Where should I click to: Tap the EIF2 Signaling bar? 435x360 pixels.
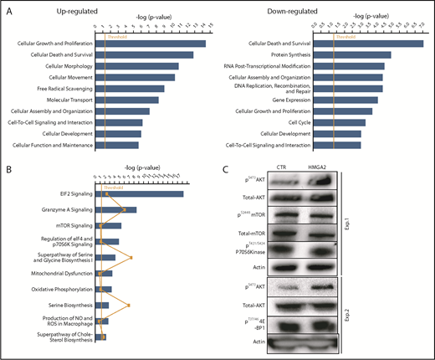pyautogui.click(x=137, y=194)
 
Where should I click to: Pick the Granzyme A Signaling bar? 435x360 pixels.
pyautogui.click(x=114, y=210)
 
